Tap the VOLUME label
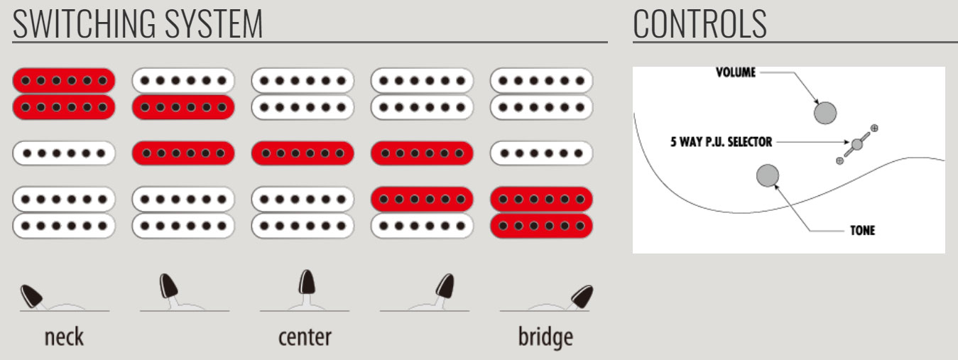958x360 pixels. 736,72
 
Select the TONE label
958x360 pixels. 862,231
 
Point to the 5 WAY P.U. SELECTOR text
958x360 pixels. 721,142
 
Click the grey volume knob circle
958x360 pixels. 825,112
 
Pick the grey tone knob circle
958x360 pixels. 768,175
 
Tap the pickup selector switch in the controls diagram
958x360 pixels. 857,144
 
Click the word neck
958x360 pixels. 64,337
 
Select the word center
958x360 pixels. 304,337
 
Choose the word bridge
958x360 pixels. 545,337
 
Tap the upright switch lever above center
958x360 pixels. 306,283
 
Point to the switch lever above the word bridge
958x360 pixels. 581,294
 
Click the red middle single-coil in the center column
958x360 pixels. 303,153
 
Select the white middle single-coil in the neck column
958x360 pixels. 64,153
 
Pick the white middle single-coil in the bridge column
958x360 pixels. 541,153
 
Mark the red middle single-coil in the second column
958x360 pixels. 183,153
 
